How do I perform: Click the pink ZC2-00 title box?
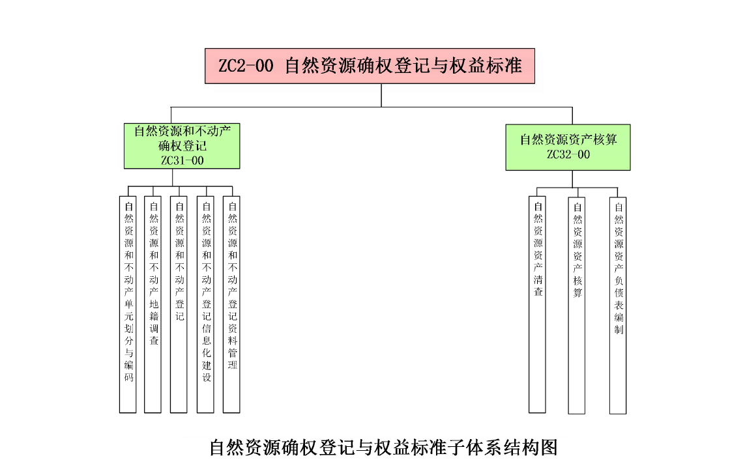pyautogui.click(x=370, y=66)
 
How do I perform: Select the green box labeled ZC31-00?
pyautogui.click(x=182, y=146)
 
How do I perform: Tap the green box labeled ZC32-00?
pyautogui.click(x=568, y=147)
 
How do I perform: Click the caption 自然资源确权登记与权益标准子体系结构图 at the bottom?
pyautogui.click(x=383, y=448)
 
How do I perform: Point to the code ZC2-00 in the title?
pyautogui.click(x=246, y=66)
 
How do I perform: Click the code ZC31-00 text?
pyautogui.click(x=182, y=160)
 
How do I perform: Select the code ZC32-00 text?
pyautogui.click(x=568, y=154)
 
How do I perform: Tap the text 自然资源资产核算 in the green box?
pyautogui.click(x=568, y=139)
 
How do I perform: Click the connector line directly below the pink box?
pyautogui.click(x=382, y=95)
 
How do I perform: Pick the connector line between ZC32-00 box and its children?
pyautogui.click(x=573, y=179)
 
